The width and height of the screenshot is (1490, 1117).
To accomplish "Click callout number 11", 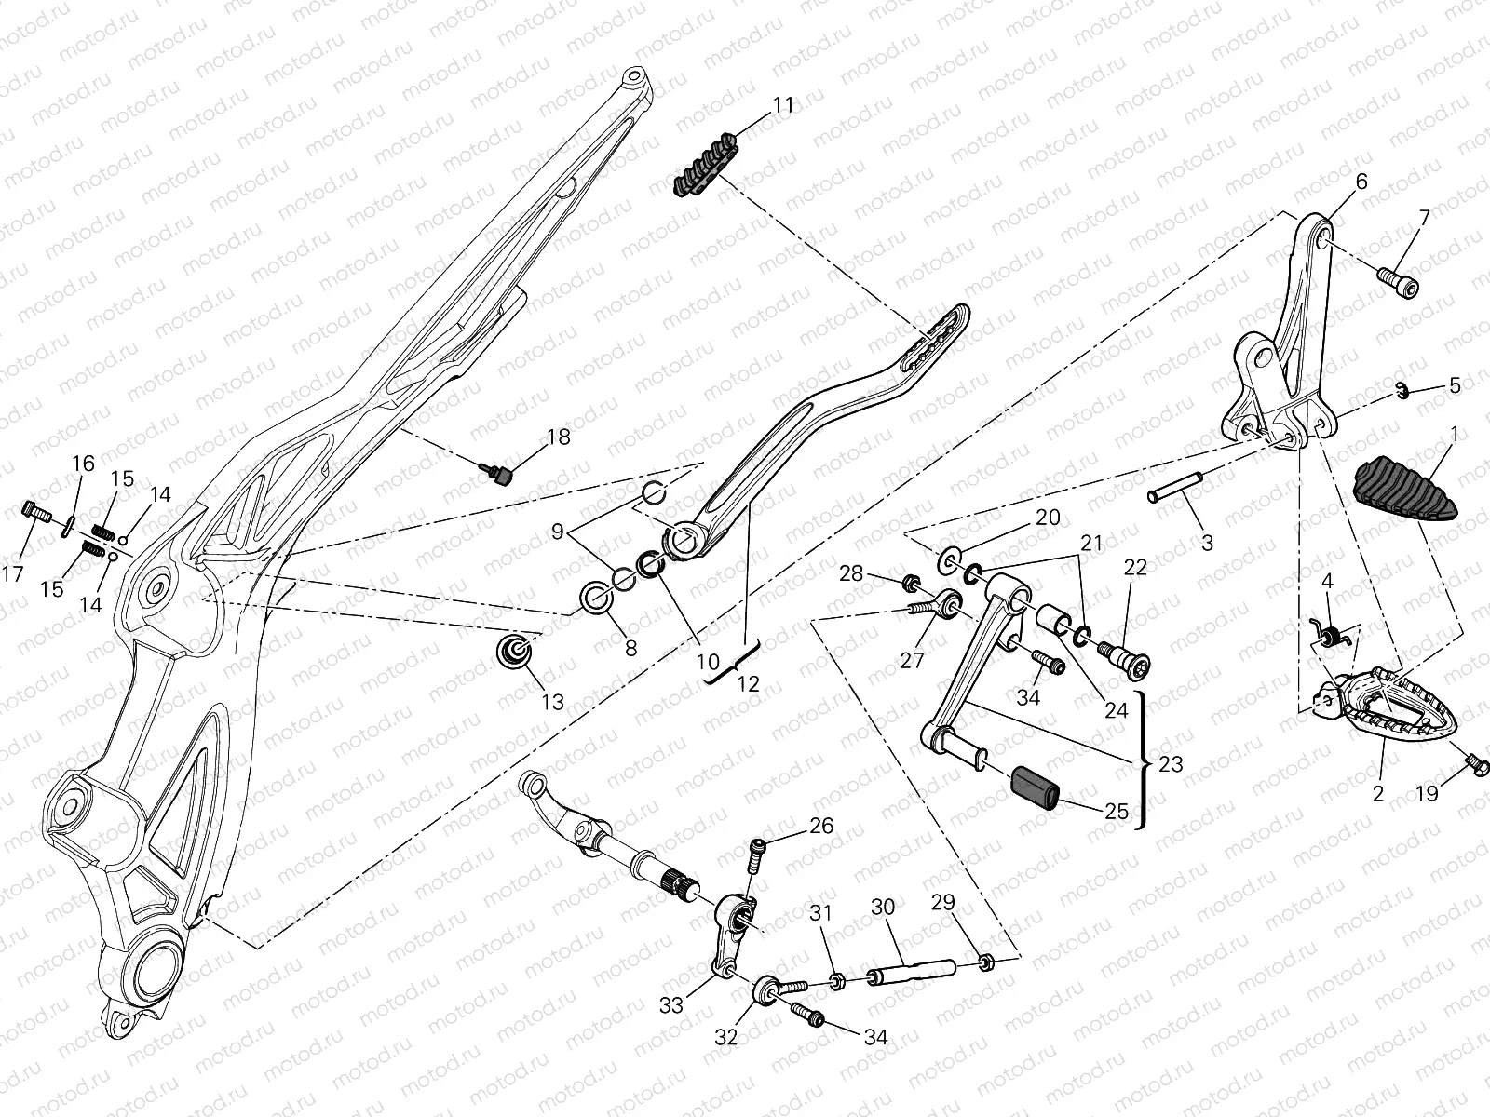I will click(784, 105).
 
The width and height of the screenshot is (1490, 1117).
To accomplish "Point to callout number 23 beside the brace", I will click(1171, 763).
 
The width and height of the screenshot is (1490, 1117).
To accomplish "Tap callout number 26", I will click(820, 826).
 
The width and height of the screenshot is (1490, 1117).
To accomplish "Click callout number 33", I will click(671, 1004).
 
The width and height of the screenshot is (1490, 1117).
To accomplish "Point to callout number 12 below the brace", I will click(748, 684).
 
